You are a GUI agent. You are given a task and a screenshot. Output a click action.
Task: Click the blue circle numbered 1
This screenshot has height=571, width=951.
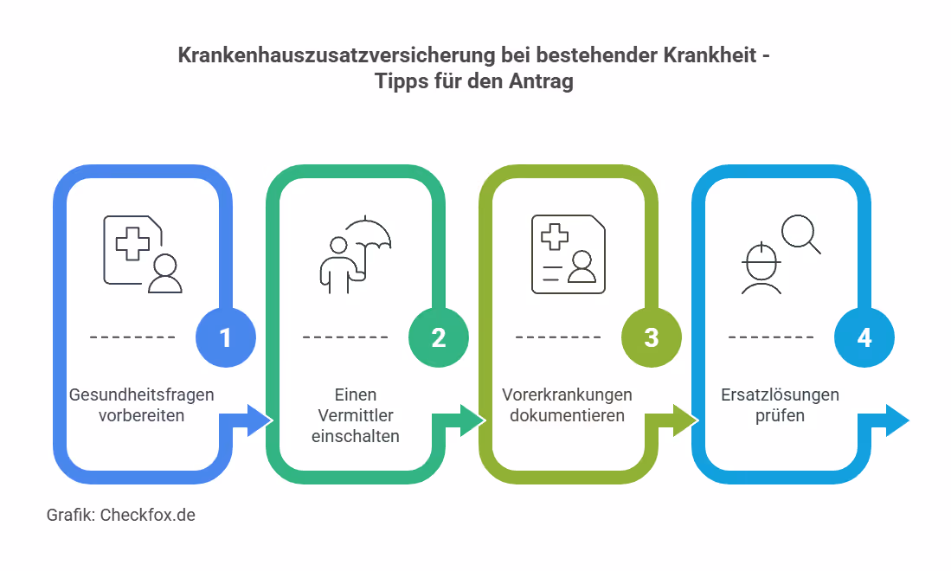coord(226,337)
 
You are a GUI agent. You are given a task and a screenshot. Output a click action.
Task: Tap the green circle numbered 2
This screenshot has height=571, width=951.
coord(439,337)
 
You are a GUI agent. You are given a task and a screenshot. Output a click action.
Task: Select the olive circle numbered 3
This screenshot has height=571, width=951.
coord(652,337)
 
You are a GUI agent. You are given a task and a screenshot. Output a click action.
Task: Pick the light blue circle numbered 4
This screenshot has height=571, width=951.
coord(864,337)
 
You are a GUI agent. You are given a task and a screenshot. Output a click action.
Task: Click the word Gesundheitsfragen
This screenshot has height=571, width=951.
coord(141,395)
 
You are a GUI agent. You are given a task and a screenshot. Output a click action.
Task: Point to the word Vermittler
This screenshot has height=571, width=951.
coord(355,415)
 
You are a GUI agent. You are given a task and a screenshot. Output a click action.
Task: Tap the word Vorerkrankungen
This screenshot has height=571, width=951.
coord(567,395)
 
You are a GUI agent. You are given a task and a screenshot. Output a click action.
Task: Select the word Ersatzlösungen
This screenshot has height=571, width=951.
coord(780,395)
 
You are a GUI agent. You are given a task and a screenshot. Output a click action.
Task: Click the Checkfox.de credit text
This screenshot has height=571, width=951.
coord(148,515)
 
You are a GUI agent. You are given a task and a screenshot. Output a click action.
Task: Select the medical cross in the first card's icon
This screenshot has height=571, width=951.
coord(132,243)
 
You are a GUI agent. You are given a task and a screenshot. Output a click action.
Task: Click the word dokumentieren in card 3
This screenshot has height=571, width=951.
coord(567,415)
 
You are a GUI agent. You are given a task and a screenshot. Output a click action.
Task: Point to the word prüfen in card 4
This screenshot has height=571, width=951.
coord(780,415)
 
